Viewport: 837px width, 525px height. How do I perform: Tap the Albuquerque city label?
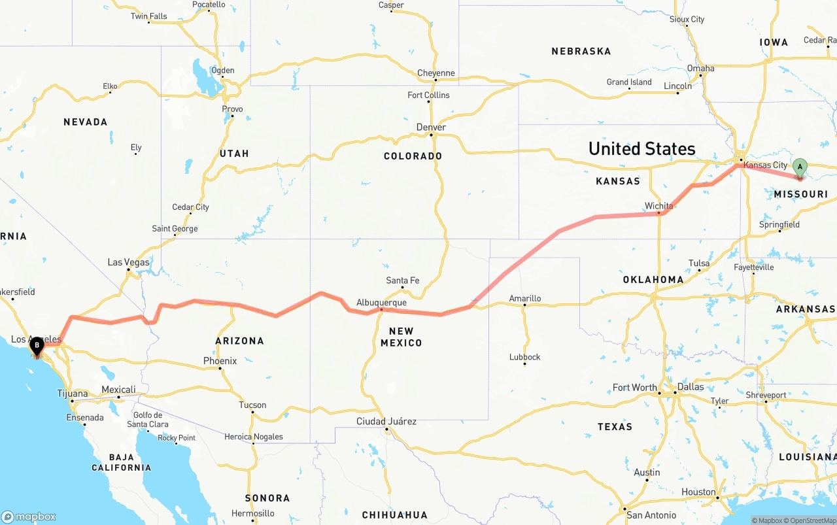click(381, 303)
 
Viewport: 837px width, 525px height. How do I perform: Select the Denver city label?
click(432, 127)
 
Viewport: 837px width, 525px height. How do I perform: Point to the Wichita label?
click(658, 206)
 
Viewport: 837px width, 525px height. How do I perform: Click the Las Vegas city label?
click(128, 262)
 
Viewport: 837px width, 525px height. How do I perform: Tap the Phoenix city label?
click(220, 361)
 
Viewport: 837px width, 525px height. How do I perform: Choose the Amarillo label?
click(525, 299)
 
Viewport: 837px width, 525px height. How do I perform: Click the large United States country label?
click(641, 148)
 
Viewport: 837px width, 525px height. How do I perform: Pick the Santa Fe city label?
click(403, 280)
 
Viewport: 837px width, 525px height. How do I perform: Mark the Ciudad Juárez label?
click(386, 421)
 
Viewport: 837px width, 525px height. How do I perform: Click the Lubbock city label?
click(525, 357)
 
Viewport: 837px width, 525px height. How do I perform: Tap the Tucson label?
click(252, 405)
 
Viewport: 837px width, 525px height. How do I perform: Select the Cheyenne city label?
click(436, 73)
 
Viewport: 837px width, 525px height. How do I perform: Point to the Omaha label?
click(700, 68)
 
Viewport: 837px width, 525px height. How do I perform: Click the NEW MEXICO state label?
click(401, 337)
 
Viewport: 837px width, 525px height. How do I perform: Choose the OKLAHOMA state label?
click(653, 279)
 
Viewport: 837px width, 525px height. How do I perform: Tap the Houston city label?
click(698, 492)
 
